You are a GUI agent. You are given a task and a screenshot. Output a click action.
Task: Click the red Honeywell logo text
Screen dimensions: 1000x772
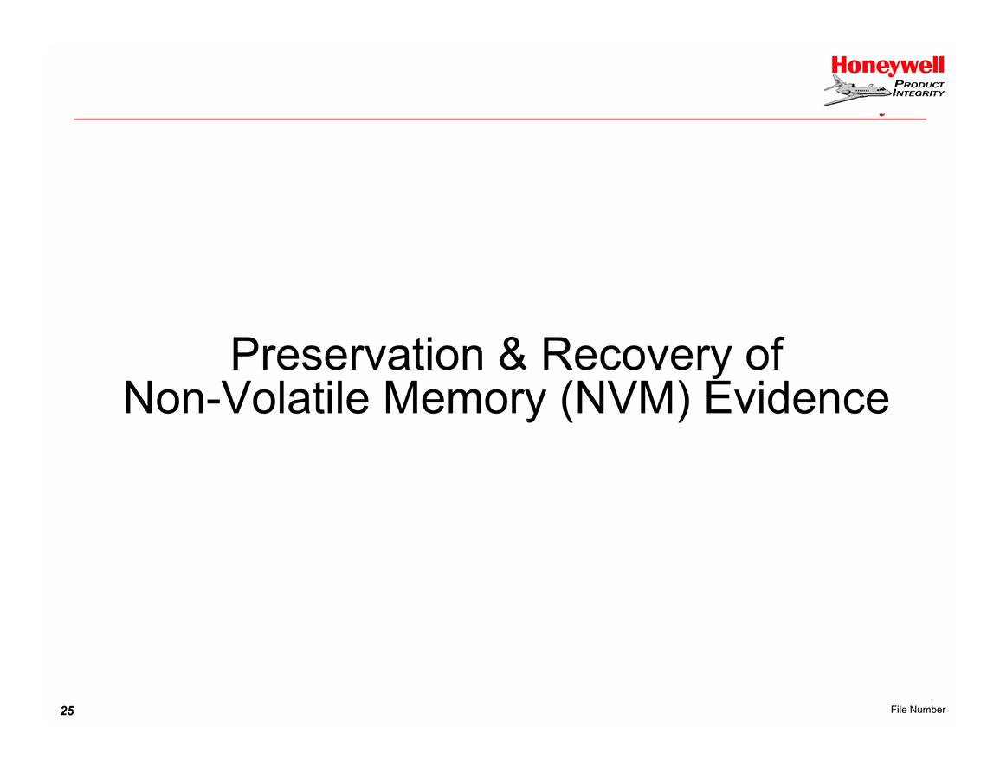(887, 67)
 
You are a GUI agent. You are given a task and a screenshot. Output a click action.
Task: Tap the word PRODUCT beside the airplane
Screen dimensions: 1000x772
(919, 84)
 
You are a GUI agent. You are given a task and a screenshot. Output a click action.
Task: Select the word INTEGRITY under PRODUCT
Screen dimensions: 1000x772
(918, 93)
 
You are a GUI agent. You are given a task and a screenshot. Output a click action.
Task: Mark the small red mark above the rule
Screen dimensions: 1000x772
(882, 115)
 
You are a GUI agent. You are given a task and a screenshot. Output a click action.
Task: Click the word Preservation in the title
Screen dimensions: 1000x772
(357, 355)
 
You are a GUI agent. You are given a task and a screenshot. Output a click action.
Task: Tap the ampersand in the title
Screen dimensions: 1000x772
(513, 355)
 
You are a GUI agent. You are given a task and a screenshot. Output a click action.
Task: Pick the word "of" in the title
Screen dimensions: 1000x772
(764, 355)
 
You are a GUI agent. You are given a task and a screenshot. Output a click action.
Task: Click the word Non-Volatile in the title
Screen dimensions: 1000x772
(246, 398)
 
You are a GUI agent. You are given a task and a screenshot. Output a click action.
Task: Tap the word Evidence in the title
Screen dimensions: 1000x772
(797, 398)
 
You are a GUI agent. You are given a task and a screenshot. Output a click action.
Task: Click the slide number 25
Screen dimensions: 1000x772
(68, 711)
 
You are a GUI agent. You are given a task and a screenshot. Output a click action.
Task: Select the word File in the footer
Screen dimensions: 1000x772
(899, 710)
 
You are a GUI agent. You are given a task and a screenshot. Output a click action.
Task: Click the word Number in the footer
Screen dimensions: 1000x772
(927, 710)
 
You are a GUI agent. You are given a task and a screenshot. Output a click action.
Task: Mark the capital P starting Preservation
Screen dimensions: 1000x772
(242, 355)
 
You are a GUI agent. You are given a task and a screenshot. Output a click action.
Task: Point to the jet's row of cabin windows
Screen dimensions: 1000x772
(862, 91)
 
